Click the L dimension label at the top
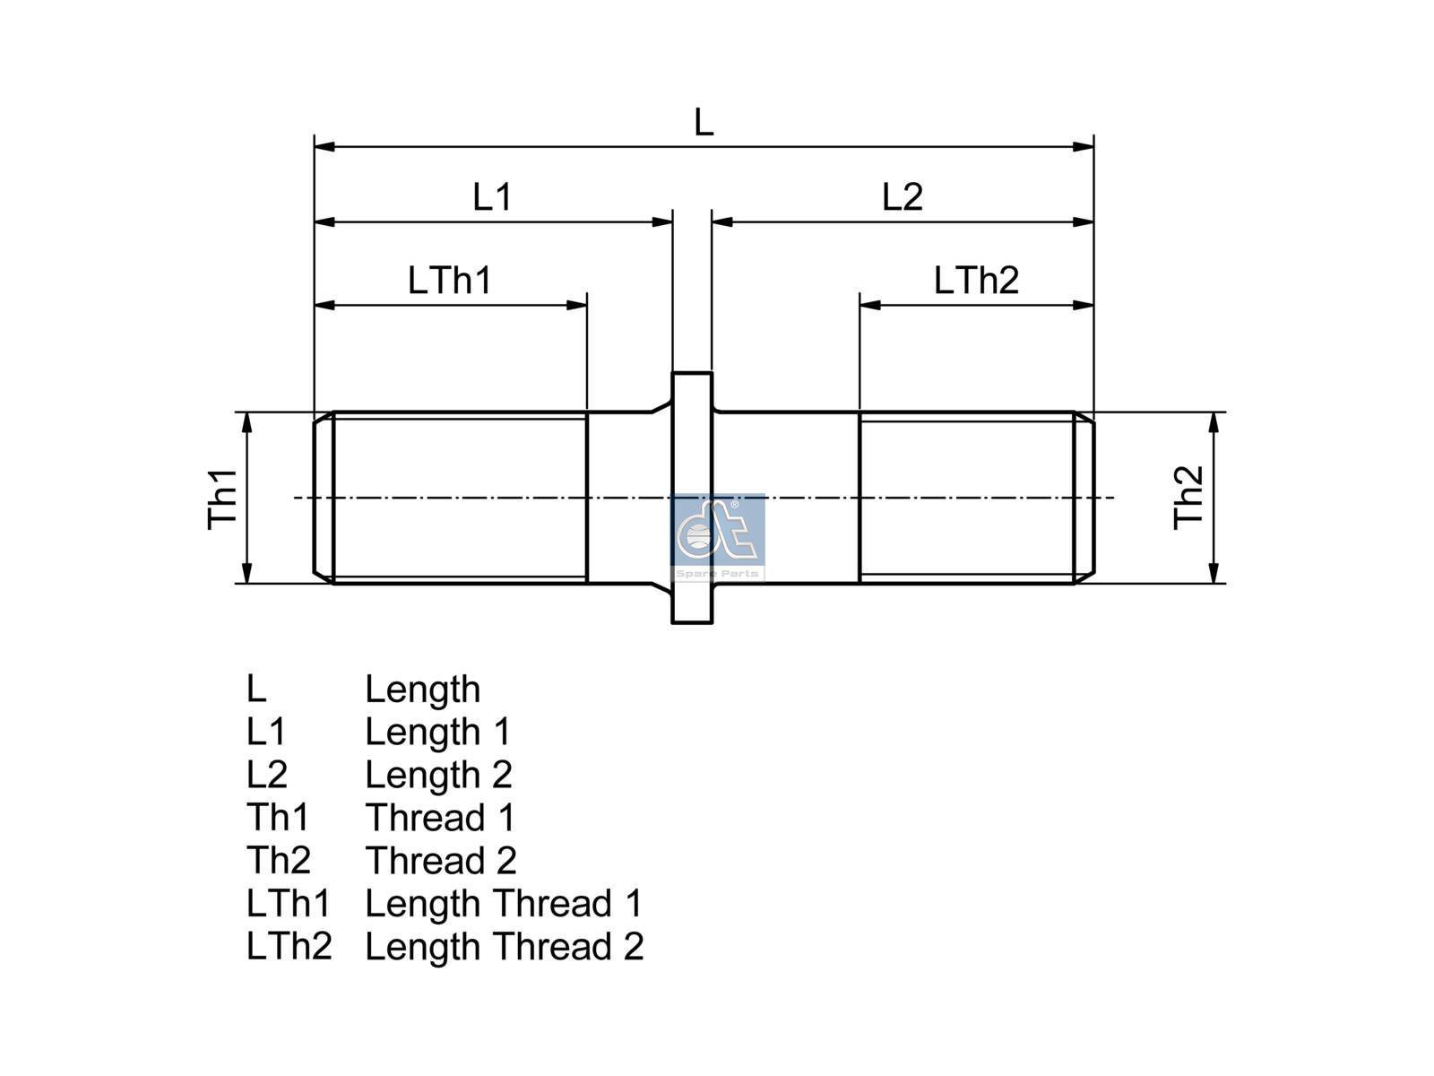704,122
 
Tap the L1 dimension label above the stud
492,196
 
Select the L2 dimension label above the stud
903,196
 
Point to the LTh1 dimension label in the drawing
450,281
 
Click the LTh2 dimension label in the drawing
976,281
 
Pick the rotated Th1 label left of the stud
223,499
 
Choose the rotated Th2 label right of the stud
1188,497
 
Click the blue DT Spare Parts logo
718,537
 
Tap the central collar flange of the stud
692,498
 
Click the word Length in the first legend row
423,690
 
